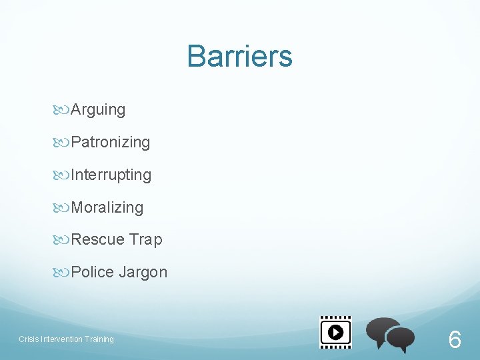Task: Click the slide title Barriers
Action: tap(239, 57)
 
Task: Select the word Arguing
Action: tap(98, 110)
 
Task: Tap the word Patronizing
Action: tap(110, 143)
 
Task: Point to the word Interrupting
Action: tap(111, 175)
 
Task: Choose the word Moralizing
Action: tap(107, 208)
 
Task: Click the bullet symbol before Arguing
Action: tap(62, 110)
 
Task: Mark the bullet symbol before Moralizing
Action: tap(62, 208)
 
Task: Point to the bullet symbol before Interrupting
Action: tap(62, 175)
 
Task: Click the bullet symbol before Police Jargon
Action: tap(62, 273)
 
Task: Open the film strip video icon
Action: tap(335, 332)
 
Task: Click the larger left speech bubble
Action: tap(383, 330)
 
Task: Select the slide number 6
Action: tap(454, 340)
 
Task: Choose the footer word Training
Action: tap(98, 339)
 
